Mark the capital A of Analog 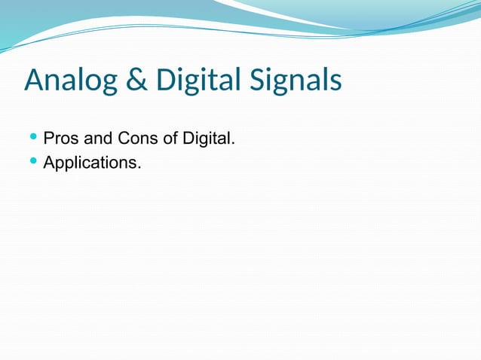pos(34,81)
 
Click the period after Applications pos(139,166)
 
